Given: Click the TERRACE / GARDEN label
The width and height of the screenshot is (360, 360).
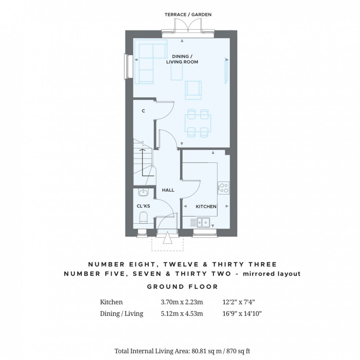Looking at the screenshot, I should [x=188, y=15].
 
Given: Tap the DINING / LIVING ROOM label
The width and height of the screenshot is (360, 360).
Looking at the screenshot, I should [x=186, y=59].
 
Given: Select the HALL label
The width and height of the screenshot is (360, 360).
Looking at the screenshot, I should [x=168, y=190].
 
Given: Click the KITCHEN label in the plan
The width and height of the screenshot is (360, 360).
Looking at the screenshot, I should [x=206, y=206].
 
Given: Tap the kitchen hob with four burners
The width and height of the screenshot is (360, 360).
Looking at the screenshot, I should [x=223, y=188].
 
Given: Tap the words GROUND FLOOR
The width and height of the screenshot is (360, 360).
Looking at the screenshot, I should [x=183, y=287].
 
